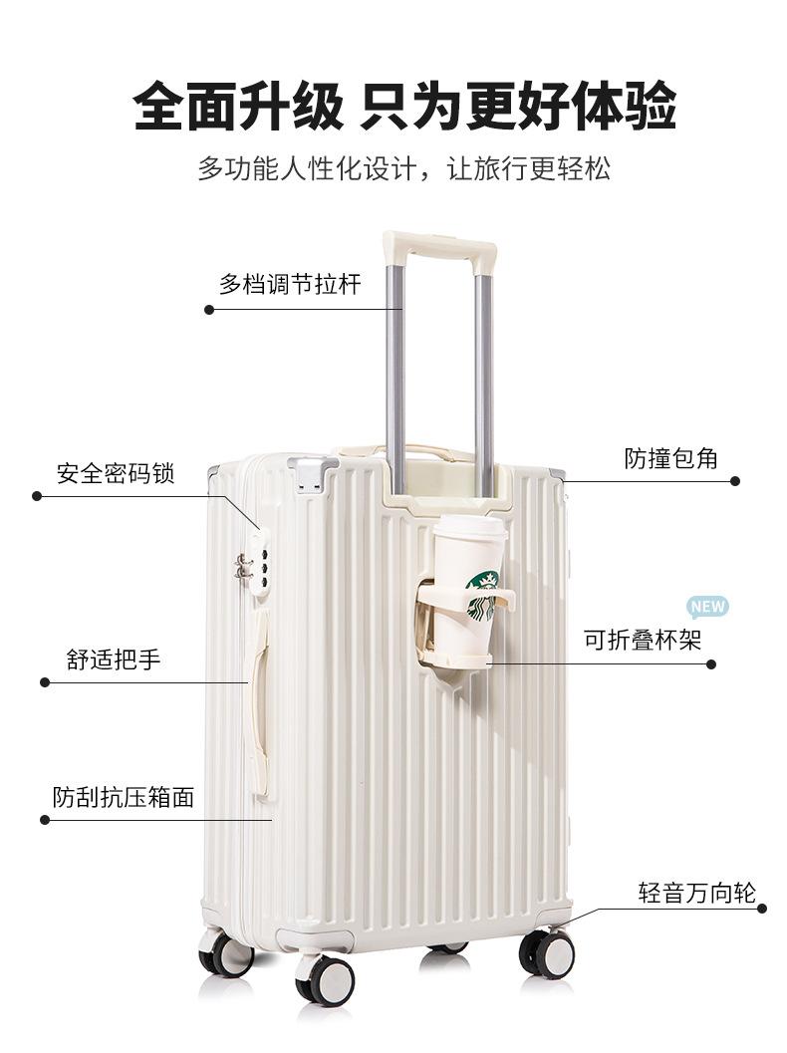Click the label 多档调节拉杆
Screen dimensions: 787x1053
(x=289, y=285)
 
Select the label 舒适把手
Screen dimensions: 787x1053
(x=113, y=659)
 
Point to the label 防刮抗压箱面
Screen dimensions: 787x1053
(x=123, y=797)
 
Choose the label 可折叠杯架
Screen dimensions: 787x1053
(x=643, y=641)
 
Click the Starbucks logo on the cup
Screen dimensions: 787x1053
(x=482, y=595)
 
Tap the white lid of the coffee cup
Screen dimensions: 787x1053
(x=469, y=528)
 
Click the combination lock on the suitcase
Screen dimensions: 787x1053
(x=258, y=564)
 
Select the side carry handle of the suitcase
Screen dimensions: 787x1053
(x=259, y=702)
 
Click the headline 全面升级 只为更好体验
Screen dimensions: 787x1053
(x=404, y=106)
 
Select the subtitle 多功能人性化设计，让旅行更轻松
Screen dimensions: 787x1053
(x=404, y=167)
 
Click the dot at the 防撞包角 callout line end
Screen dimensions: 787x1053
(x=735, y=481)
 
